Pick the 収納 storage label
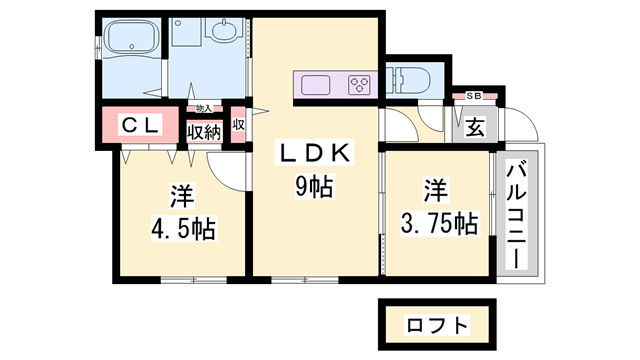click(204, 131)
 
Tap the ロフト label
click(436, 325)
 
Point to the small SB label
click(474, 95)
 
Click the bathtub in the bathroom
click(131, 42)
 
